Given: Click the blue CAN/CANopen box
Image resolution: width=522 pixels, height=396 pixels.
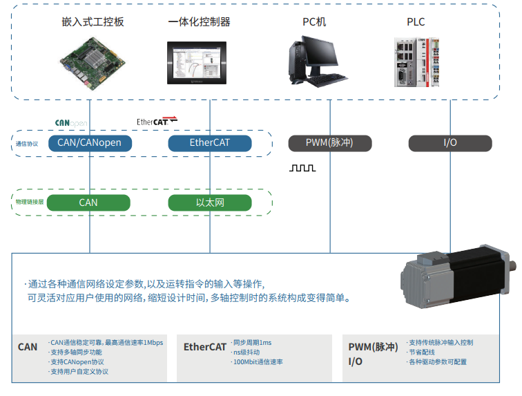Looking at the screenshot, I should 89,143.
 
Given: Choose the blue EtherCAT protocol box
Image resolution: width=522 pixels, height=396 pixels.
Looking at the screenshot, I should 209,143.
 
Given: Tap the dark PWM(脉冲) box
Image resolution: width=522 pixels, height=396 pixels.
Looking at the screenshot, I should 329,143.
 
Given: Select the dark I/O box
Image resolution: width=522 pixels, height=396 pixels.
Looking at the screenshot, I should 449,143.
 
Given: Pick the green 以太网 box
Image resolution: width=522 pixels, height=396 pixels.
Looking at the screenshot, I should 209,202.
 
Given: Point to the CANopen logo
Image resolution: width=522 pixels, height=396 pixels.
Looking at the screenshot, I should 71,123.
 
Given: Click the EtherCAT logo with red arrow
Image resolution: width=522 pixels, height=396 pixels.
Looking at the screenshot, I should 157,122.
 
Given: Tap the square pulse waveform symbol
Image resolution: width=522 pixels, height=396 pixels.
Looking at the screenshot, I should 302,168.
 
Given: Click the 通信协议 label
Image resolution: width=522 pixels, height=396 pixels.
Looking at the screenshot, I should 27,144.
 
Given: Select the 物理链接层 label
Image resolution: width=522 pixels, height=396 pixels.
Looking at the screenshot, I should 30,202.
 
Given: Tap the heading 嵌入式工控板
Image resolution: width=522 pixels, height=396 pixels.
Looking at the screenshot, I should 93,22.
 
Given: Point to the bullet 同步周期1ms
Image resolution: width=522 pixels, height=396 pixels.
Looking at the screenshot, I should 253,343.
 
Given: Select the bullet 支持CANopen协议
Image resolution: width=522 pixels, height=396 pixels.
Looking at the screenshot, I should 77,361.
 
